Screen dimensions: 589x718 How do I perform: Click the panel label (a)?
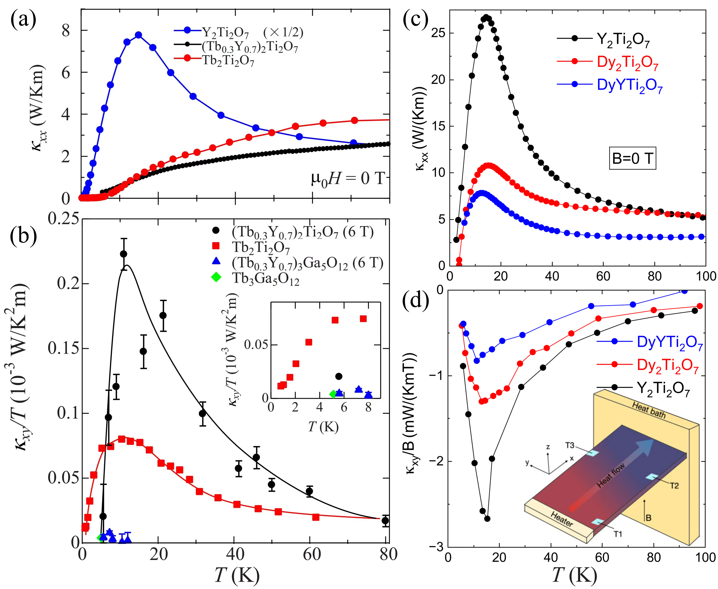(23, 20)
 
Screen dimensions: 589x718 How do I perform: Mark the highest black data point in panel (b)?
(123, 254)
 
